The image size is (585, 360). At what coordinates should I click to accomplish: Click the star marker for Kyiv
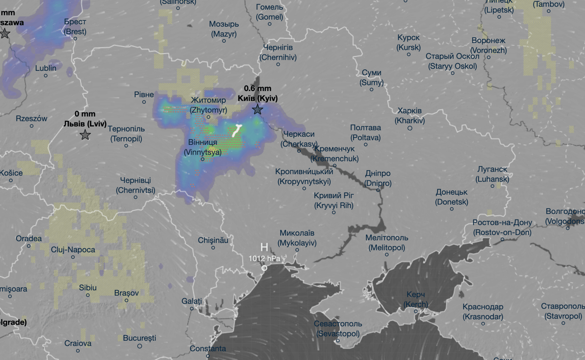(258, 110)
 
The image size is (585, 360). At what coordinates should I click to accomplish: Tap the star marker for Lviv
(85, 135)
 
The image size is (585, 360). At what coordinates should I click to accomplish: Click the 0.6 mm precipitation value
(258, 88)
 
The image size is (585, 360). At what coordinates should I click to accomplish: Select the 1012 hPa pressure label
(264, 258)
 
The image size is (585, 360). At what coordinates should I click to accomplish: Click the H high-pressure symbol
(264, 247)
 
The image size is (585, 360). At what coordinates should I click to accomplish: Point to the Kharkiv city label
(410, 116)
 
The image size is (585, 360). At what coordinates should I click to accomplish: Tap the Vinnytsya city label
(203, 147)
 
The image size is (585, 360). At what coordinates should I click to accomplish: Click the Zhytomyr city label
(209, 105)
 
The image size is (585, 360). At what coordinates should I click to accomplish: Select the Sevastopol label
(338, 329)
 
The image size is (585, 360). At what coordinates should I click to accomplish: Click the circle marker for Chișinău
(213, 247)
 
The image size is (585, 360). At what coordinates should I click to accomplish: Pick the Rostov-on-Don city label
(502, 227)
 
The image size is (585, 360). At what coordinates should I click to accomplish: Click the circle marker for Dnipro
(378, 189)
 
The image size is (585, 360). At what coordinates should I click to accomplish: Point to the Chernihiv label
(278, 52)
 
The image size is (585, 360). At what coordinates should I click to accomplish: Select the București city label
(139, 338)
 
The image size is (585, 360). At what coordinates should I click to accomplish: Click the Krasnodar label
(483, 312)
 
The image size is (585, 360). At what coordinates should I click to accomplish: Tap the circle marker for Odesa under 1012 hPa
(264, 268)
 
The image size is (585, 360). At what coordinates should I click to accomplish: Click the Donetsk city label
(452, 197)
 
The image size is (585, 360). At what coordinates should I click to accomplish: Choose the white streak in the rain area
(236, 130)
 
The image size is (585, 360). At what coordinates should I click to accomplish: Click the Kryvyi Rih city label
(334, 200)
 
